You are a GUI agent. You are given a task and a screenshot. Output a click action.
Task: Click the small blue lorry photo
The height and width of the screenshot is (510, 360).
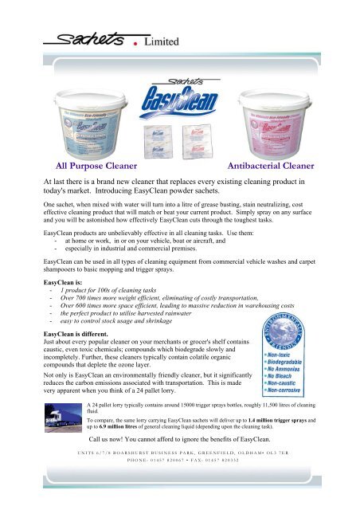[x=60, y=422]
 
